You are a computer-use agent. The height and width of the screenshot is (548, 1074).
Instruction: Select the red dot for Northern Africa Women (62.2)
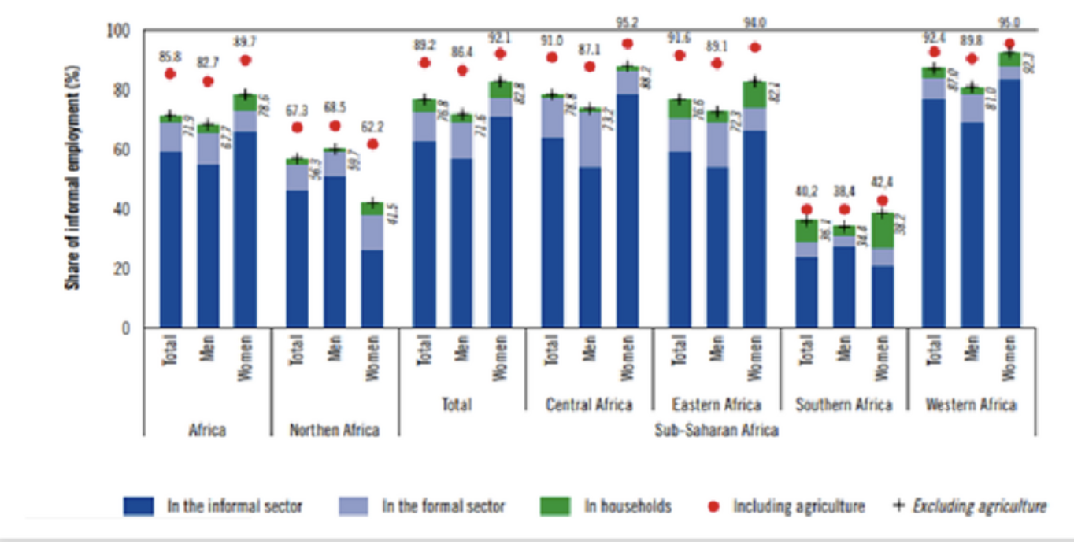(x=372, y=143)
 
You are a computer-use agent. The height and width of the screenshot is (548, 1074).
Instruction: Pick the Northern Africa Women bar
(x=372, y=268)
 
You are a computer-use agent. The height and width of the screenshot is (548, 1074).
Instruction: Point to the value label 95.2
(x=628, y=22)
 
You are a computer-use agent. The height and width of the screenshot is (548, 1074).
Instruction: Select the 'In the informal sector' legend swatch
(x=142, y=505)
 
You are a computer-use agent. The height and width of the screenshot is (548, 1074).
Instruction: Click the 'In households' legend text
(x=628, y=505)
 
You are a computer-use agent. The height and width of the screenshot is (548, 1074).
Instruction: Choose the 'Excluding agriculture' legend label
(x=979, y=505)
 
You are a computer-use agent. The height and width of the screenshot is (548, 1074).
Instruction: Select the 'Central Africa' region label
(x=589, y=405)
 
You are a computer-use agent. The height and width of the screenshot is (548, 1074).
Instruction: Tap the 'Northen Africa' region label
(x=334, y=430)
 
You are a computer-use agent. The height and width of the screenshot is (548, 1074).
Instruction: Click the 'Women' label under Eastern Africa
(x=754, y=359)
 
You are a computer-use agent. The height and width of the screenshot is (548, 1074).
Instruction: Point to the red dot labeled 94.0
(x=754, y=47)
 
